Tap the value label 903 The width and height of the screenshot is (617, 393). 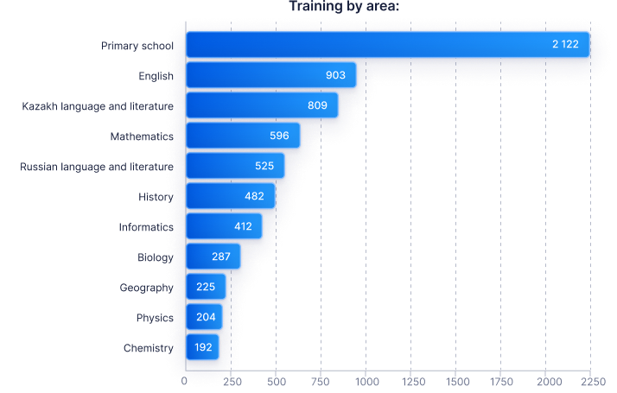click(x=335, y=75)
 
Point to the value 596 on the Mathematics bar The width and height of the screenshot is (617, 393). click(x=279, y=136)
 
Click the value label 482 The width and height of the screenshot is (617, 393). click(x=254, y=196)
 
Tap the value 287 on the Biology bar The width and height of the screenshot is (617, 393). click(x=221, y=257)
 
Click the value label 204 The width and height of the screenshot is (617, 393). click(x=206, y=317)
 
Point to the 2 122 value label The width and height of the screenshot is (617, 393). click(x=571, y=45)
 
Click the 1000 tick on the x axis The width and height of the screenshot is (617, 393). click(x=366, y=381)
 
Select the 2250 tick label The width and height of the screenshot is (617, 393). click(x=592, y=381)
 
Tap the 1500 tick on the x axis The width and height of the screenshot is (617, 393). click(x=456, y=381)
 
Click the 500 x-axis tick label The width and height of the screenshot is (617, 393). click(x=276, y=381)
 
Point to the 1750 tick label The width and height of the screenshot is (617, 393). click(x=501, y=381)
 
